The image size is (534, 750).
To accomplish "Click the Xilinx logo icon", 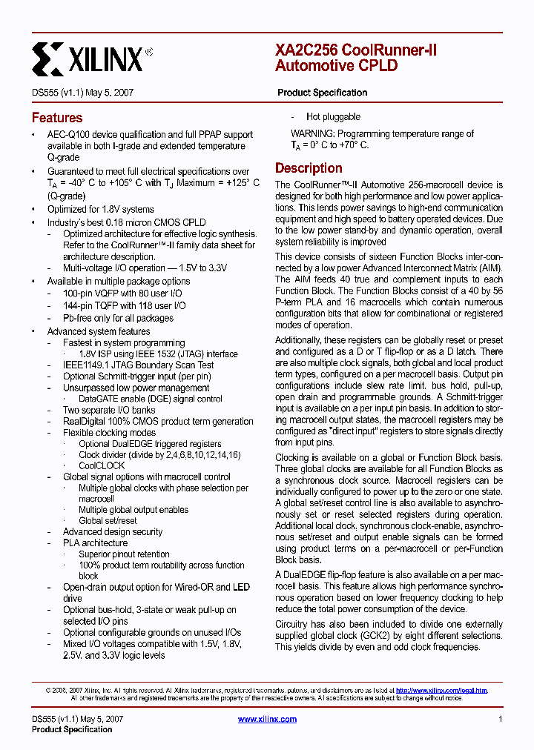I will click(48, 57).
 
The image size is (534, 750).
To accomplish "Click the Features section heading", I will click(57, 118).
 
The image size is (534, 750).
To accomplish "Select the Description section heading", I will click(309, 168).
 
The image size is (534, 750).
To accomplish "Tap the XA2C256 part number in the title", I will click(306, 50).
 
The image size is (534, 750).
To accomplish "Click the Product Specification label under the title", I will click(322, 93).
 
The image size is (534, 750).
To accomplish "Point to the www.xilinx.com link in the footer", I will click(267, 719).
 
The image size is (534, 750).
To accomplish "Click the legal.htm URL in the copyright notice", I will click(441, 690).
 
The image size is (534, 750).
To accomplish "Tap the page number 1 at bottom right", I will click(501, 719).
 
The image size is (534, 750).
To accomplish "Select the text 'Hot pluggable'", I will click(333, 117).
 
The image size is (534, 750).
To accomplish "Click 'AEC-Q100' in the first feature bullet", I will click(69, 135).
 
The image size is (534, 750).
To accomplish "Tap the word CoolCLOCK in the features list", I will click(102, 465).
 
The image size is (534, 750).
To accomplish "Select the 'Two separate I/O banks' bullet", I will click(109, 410).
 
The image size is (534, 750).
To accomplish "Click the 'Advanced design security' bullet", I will click(112, 531).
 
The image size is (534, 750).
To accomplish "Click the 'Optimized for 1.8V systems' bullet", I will click(101, 210).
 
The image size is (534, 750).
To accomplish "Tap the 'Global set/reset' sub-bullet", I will click(108, 520).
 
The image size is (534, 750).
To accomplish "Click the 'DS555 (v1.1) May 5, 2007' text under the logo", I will click(82, 93).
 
